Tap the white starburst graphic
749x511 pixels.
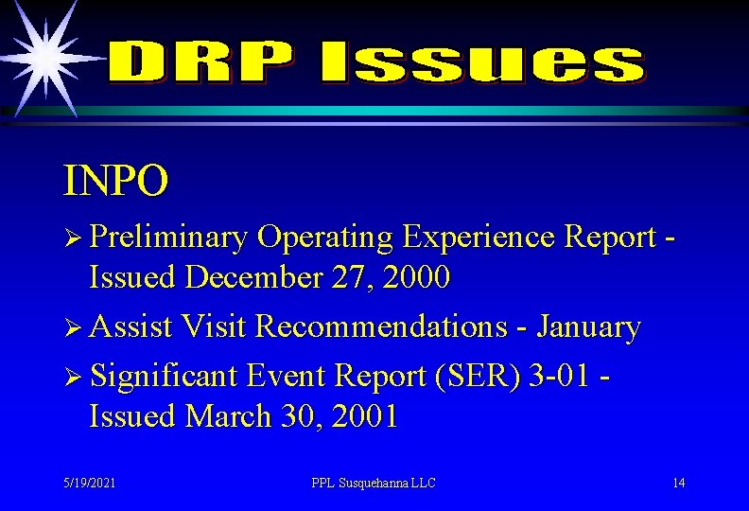point(43,52)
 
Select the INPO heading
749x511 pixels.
point(116,181)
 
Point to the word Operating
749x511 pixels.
point(324,238)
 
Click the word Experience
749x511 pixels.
point(478,238)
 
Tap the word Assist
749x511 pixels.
point(132,326)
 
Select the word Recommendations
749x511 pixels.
point(382,326)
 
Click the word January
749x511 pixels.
point(588,327)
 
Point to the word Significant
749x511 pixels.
point(165,376)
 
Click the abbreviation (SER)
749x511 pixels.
point(468,376)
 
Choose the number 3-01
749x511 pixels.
point(558,376)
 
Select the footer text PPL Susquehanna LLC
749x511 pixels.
point(374,483)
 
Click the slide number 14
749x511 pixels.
point(678,483)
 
